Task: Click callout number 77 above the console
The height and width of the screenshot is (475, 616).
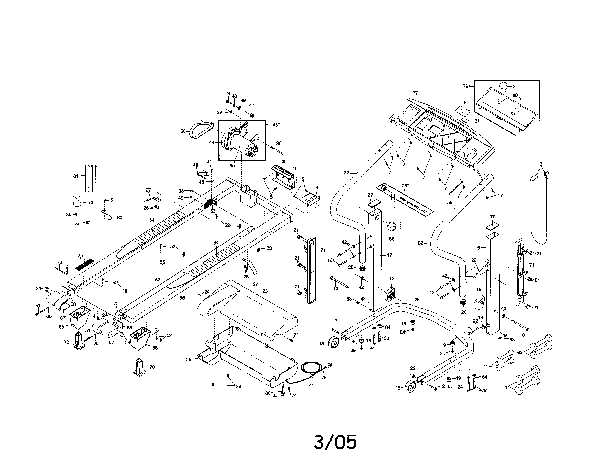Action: tap(415, 93)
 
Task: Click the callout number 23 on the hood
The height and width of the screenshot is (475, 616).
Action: tap(265, 291)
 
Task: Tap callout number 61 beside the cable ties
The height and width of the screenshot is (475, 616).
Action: tap(75, 176)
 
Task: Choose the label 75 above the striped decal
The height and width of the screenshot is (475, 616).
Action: tap(80, 255)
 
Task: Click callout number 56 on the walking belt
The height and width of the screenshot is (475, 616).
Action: tap(162, 262)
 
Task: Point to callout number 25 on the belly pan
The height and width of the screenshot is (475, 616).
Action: tap(189, 360)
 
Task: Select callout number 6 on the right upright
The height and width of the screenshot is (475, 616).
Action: tap(478, 248)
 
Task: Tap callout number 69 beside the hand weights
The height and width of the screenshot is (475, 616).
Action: tap(520, 352)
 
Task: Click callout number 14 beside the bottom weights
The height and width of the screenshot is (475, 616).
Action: tap(504, 387)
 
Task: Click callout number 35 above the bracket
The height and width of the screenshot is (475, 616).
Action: tap(284, 162)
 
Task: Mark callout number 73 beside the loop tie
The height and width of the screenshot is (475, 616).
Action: tap(90, 202)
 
